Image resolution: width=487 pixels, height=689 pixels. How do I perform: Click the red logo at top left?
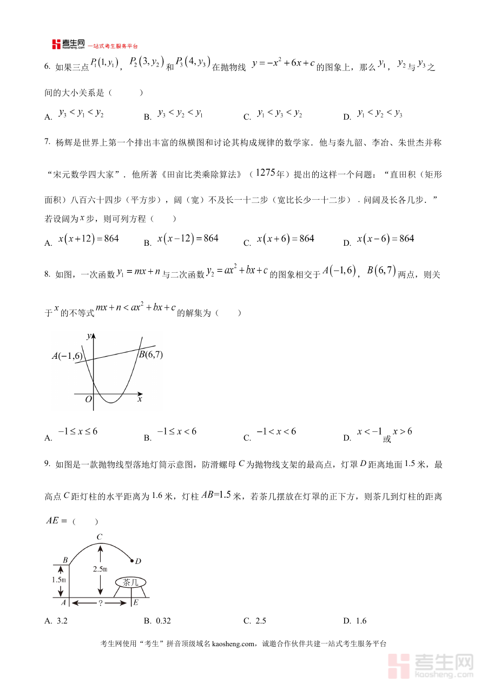tap(57, 44)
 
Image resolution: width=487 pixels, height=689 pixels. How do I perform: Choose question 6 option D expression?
tap(380, 113)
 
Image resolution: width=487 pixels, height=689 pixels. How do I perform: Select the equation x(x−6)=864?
tap(385, 239)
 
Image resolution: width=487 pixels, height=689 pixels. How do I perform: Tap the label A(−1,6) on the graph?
tap(67, 356)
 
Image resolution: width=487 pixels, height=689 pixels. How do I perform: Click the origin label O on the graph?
tap(89, 399)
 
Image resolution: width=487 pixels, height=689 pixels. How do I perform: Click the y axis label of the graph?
tap(89, 336)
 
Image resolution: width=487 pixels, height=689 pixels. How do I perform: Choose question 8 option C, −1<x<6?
tap(276, 431)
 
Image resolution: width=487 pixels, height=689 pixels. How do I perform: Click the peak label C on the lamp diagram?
tap(100, 536)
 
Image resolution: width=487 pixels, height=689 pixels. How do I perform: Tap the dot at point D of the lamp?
tap(132, 560)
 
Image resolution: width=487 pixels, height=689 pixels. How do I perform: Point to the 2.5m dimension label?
tap(100, 569)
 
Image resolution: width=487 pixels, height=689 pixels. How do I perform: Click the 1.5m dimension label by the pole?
tap(59, 580)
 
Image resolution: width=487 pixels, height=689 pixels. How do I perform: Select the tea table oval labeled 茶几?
tap(130, 582)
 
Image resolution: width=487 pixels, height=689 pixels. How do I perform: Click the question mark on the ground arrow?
tap(101, 603)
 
